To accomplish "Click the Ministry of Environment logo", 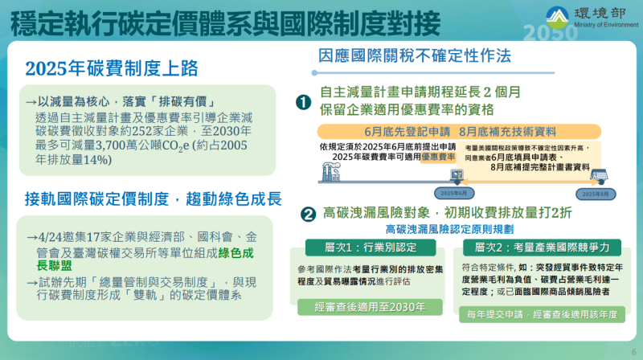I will pos(559,18).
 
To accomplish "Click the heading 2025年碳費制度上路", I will pos(112,68).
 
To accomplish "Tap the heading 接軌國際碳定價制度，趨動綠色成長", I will pos(154,198).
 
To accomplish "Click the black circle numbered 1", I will pos(303,102).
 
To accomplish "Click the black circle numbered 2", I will pos(307,215).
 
